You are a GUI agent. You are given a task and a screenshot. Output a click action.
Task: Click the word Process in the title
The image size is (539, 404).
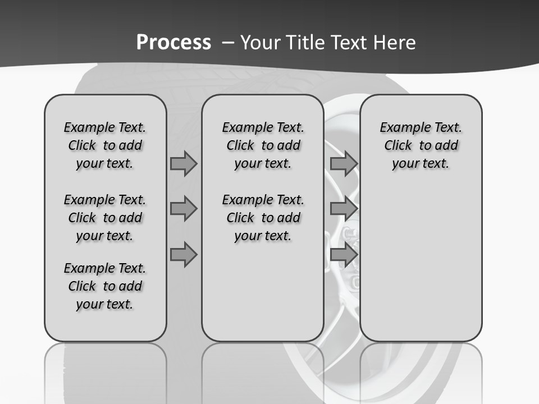pyautogui.click(x=173, y=42)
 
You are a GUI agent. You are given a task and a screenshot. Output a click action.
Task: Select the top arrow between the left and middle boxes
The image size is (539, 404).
pyautogui.click(x=184, y=164)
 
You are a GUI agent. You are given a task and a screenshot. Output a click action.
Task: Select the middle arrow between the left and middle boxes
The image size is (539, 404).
pyautogui.click(x=184, y=209)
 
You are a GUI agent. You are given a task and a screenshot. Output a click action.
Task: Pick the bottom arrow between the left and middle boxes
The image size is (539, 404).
pyautogui.click(x=184, y=255)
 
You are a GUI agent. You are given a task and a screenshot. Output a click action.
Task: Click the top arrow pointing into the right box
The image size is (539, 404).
pyautogui.click(x=344, y=164)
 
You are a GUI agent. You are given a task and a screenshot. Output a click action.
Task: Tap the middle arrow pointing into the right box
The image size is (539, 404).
pyautogui.click(x=344, y=209)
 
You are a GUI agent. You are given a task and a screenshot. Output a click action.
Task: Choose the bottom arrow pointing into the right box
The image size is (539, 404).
pyautogui.click(x=344, y=255)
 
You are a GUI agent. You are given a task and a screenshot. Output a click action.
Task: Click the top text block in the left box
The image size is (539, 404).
pyautogui.click(x=105, y=145)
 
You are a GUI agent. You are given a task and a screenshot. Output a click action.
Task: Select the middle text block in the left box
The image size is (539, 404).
pyautogui.click(x=105, y=218)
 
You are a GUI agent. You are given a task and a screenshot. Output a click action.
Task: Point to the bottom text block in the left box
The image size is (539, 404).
pyautogui.click(x=105, y=286)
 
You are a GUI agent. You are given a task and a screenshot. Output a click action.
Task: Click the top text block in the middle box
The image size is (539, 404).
pyautogui.click(x=263, y=145)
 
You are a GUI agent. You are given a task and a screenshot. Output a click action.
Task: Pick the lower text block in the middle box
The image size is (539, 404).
pyautogui.click(x=263, y=218)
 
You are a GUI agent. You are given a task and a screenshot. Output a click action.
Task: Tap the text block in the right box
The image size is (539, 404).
pyautogui.click(x=421, y=145)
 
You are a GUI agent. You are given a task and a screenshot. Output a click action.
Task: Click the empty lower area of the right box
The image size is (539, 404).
pyautogui.click(x=421, y=264)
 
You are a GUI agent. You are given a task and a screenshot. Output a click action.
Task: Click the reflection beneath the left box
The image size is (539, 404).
pyautogui.click(x=106, y=370)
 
